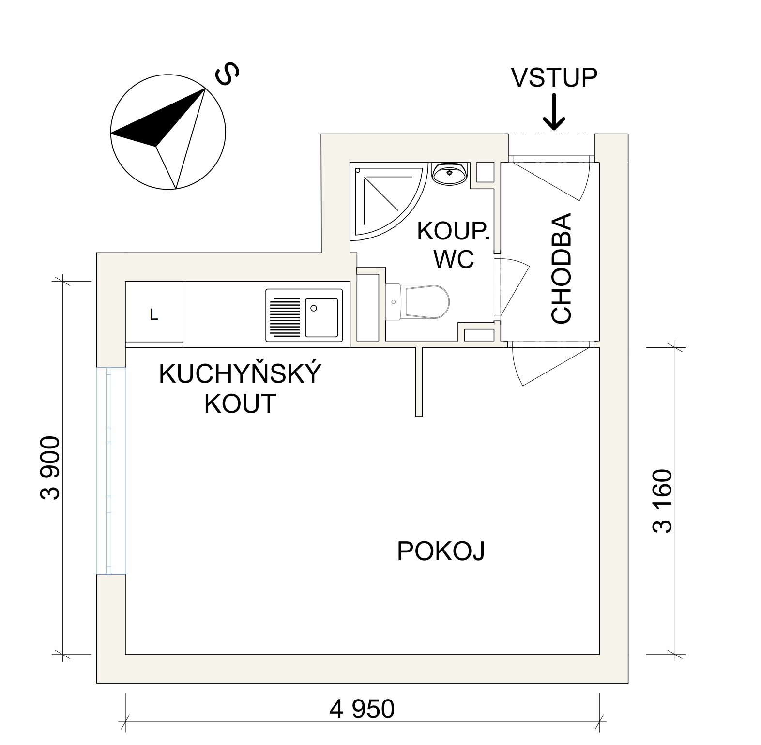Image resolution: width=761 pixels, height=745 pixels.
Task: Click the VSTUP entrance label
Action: [555, 77]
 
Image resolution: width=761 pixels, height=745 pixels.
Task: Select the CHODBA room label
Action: [562, 268]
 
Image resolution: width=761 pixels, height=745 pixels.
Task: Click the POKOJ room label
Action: [441, 551]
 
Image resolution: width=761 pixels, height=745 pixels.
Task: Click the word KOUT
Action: [240, 404]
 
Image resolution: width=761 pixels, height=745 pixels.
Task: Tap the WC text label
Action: [454, 260]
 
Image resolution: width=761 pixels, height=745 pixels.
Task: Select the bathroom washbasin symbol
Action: [450, 173]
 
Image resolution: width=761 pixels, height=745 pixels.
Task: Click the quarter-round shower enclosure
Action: [382, 198]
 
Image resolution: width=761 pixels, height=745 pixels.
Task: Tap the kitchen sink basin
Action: [321, 317]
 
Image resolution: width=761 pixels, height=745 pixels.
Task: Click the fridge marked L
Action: [154, 314]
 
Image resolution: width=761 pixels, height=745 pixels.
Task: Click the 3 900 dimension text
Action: [50, 468]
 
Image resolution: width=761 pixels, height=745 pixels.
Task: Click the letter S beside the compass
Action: [227, 74]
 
